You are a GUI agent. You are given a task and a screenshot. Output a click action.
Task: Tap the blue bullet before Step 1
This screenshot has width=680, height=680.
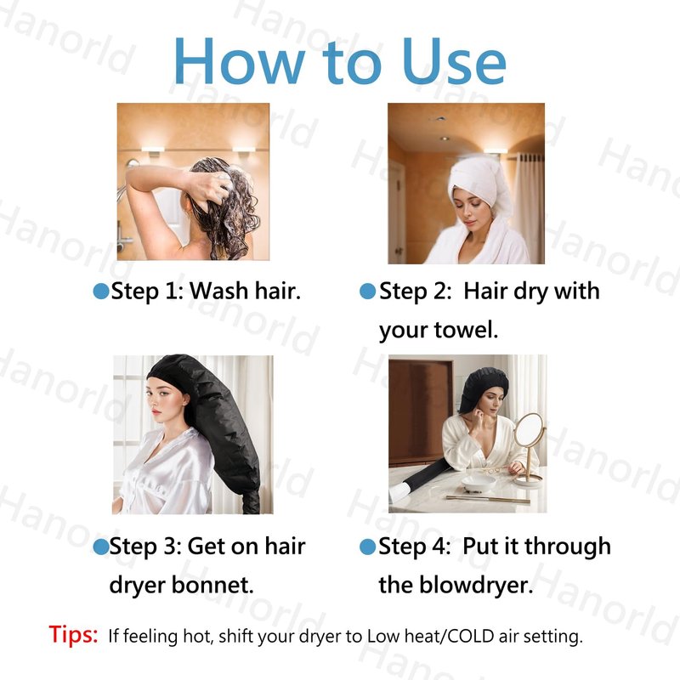(x=101, y=291)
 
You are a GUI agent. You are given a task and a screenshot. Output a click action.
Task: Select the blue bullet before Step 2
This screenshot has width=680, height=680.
(x=368, y=291)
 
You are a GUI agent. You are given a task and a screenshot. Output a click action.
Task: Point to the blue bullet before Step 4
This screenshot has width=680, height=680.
(x=368, y=547)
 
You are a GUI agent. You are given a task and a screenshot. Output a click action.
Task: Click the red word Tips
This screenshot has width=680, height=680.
(x=73, y=634)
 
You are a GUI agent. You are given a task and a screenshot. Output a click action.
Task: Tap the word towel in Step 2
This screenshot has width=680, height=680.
(x=466, y=330)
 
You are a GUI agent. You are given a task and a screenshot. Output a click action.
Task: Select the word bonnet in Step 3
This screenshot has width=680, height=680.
(x=212, y=585)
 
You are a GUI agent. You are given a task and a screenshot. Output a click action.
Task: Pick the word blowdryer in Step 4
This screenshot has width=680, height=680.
(x=476, y=585)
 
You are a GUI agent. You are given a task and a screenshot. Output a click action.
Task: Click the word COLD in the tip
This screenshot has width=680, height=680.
(x=471, y=636)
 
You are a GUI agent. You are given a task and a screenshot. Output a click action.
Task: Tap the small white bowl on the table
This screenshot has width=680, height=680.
(x=479, y=484)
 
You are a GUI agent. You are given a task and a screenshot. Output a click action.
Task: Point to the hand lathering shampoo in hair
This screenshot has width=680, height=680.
(x=211, y=187)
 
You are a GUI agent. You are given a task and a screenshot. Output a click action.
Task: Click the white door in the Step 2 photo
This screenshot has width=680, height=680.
(x=397, y=212)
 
